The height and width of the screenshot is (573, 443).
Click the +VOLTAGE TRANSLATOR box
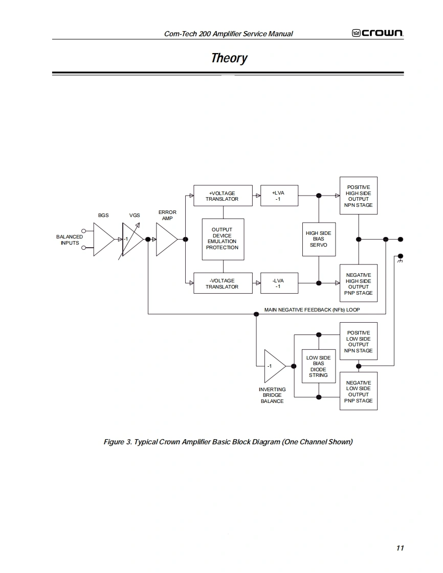tap(223, 196)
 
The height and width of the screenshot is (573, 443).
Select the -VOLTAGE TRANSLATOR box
tap(223, 283)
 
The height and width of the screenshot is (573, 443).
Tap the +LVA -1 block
tap(279, 196)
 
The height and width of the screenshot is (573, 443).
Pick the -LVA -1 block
tap(279, 283)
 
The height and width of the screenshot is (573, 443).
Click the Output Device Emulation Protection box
tap(223, 240)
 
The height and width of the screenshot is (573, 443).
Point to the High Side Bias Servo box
tap(319, 239)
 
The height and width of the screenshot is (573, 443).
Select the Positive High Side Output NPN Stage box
tap(359, 196)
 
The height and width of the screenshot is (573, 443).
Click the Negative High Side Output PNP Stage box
tap(359, 283)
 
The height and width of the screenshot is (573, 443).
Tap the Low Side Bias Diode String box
tap(319, 366)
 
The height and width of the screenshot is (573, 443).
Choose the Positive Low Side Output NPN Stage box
tap(359, 341)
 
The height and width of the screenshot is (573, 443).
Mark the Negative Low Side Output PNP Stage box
tap(359, 391)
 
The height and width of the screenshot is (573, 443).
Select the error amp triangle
tap(167, 240)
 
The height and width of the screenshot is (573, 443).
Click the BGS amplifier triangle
tap(104, 240)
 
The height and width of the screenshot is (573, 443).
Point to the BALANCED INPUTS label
tap(70, 240)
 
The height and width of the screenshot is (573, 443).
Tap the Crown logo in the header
tap(378, 33)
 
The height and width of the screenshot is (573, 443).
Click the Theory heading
tap(229, 58)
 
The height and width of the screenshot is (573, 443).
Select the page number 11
tap(400, 548)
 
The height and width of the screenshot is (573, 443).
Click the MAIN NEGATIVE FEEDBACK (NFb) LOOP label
tap(312, 310)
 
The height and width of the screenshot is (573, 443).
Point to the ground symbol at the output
tap(400, 260)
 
